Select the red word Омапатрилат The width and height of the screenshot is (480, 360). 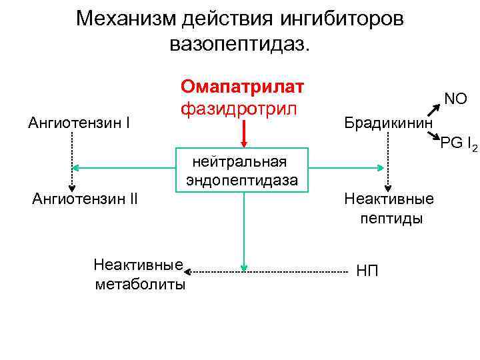[242, 87]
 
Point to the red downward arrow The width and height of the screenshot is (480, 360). [245, 137]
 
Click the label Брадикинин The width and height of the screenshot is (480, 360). [387, 123]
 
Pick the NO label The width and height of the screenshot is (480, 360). [455, 99]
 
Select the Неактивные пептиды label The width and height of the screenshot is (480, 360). [389, 208]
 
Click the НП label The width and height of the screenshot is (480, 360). [367, 271]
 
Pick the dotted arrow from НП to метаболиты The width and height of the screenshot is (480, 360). [267, 272]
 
